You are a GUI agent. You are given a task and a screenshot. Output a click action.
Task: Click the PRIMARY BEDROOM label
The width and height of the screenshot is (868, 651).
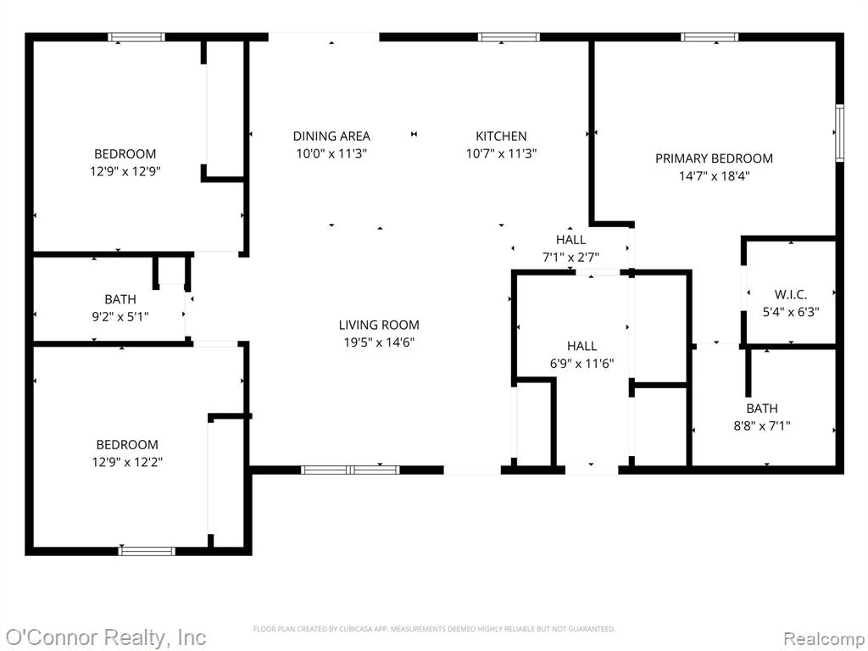tap(714, 159)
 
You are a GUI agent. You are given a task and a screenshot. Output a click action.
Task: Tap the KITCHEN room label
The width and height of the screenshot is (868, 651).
tap(501, 136)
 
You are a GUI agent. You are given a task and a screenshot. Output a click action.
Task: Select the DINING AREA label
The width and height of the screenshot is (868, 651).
tap(331, 136)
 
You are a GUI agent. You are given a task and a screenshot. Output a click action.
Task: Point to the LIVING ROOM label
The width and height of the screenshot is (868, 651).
tap(379, 325)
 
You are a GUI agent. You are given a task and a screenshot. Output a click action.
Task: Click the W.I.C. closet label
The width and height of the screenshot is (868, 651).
tap(791, 294)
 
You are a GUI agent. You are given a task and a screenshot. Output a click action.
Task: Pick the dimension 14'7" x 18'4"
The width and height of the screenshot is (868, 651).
tap(714, 176)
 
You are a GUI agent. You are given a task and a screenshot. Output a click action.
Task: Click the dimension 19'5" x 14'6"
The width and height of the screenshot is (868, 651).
tap(379, 342)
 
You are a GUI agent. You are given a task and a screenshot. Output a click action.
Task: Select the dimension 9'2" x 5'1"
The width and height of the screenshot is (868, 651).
tap(120, 317)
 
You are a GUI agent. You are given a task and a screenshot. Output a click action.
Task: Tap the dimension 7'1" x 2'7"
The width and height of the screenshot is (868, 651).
tap(570, 257)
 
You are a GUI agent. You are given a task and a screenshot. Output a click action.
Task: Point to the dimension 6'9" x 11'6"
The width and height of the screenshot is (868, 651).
tap(581, 363)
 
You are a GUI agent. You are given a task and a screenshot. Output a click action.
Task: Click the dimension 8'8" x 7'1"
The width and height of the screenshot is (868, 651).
tap(762, 426)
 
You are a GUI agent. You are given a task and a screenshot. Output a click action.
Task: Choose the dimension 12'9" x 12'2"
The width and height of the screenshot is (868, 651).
tap(127, 462)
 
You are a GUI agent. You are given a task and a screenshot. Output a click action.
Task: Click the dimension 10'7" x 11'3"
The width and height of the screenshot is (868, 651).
tap(501, 153)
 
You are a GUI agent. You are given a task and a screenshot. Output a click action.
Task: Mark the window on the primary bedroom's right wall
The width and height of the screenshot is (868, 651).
tap(839, 133)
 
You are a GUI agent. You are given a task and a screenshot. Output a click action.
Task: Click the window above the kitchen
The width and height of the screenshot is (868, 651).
tap(509, 37)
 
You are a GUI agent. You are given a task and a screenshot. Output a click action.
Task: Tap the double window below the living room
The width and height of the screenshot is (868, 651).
tap(350, 470)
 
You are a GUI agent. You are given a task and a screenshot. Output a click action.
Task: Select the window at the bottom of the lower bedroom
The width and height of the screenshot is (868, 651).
tap(147, 551)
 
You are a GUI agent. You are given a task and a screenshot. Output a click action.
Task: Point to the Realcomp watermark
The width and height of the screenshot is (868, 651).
tap(823, 638)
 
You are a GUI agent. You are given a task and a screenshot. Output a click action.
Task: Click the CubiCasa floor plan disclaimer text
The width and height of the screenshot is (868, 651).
tap(434, 629)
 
